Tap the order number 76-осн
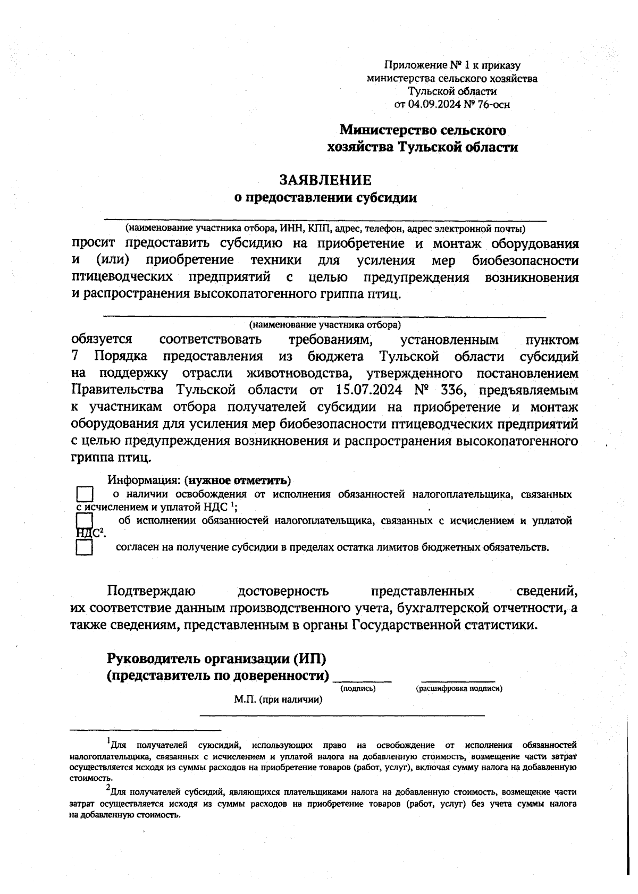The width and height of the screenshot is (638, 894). point(494,104)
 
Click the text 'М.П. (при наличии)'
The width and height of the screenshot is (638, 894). point(279,699)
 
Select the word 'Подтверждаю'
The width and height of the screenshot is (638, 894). point(152,591)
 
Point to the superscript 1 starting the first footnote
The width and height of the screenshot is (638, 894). point(108,741)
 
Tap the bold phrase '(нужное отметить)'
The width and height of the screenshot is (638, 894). point(238,480)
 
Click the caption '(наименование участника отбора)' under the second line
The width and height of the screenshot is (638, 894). point(325,324)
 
